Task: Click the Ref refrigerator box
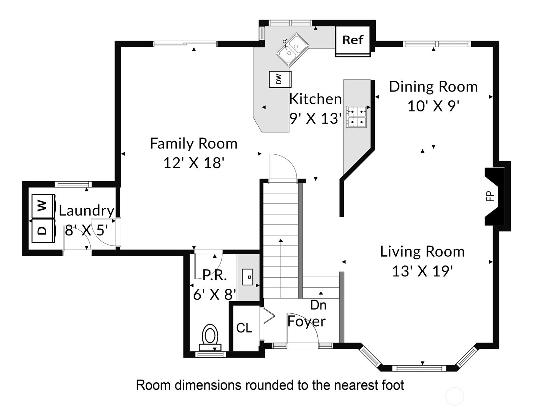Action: [x=353, y=41]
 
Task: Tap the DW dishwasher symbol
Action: [x=280, y=79]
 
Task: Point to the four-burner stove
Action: [x=356, y=117]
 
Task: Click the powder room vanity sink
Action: [x=247, y=277]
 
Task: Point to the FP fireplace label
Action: [x=490, y=196]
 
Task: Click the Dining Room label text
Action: [x=433, y=87]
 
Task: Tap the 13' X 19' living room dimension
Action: [x=422, y=271]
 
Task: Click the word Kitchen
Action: [x=315, y=99]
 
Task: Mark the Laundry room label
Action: [x=87, y=211]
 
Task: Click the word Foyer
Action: [x=306, y=322]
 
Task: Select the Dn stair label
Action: [x=318, y=305]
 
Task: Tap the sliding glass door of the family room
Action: [x=185, y=44]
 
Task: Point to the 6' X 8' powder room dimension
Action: [x=215, y=294]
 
